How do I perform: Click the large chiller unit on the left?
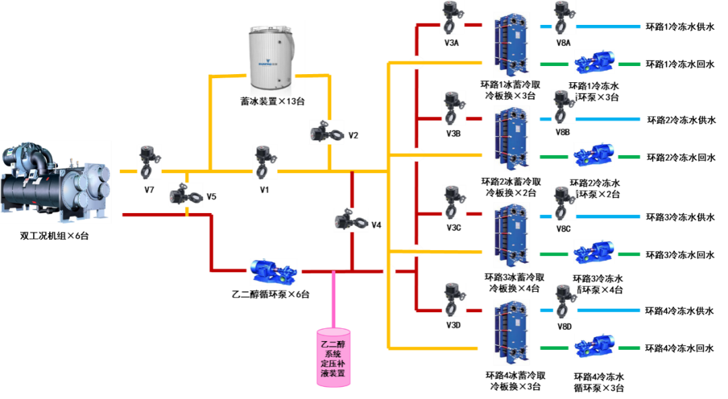tap(56, 182)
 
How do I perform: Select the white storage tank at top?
tap(272, 58)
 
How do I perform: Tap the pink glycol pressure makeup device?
tap(334, 357)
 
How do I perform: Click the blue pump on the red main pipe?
tap(274, 272)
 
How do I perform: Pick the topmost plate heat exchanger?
tap(511, 44)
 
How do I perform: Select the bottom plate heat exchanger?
tap(511, 332)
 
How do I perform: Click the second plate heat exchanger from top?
tap(511, 138)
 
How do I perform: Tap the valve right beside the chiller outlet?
tap(149, 162)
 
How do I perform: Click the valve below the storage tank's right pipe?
tap(327, 132)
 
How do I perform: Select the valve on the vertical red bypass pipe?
tap(351, 220)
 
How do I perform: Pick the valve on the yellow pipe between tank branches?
tap(265, 162)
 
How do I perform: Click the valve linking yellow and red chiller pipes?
tap(185, 195)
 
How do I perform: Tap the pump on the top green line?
tap(595, 62)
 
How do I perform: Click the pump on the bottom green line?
tap(595, 345)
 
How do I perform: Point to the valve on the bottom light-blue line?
tap(566, 301)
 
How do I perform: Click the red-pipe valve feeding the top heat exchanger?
tap(453, 18)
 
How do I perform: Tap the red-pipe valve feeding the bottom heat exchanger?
tap(454, 299)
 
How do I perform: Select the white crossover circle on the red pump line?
tap(389, 271)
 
